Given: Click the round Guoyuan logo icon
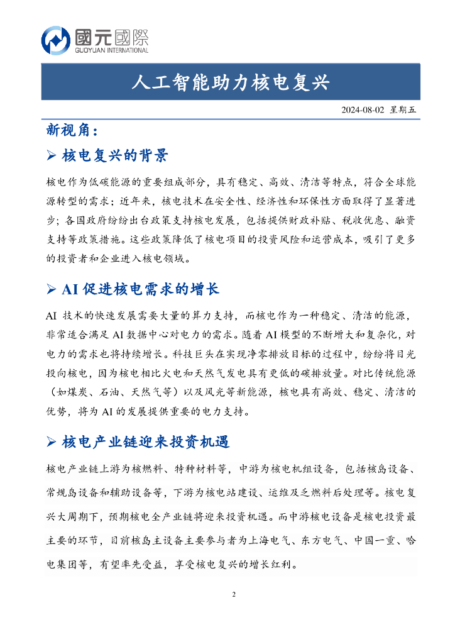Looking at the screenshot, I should click(x=56, y=40).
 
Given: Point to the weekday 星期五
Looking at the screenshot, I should click(x=403, y=109).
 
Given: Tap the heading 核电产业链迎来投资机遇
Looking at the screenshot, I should click(x=146, y=442).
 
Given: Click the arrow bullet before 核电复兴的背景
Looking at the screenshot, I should click(x=53, y=155).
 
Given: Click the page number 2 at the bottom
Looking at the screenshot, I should click(x=233, y=594).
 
